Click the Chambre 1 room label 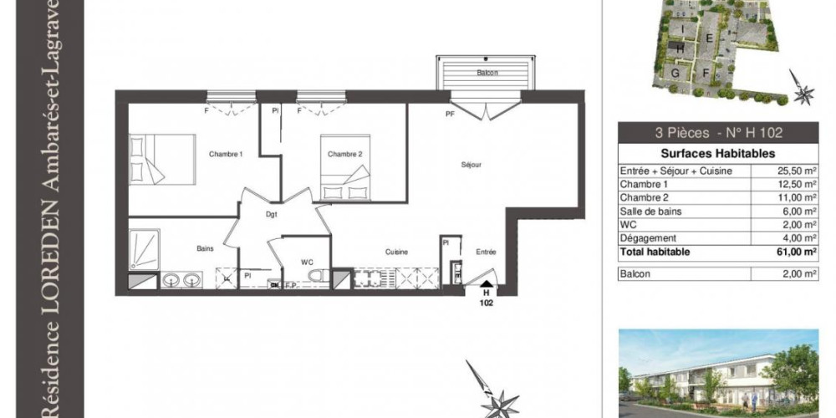click(225, 154)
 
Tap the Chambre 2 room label click(344, 154)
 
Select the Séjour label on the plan click(472, 165)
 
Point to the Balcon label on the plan click(487, 73)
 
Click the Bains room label click(205, 248)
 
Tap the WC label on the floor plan click(307, 263)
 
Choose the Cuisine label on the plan click(396, 252)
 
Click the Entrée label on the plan click(486, 252)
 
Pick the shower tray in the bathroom click(143, 249)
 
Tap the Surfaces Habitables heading click(717, 154)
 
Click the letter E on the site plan click(707, 38)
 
